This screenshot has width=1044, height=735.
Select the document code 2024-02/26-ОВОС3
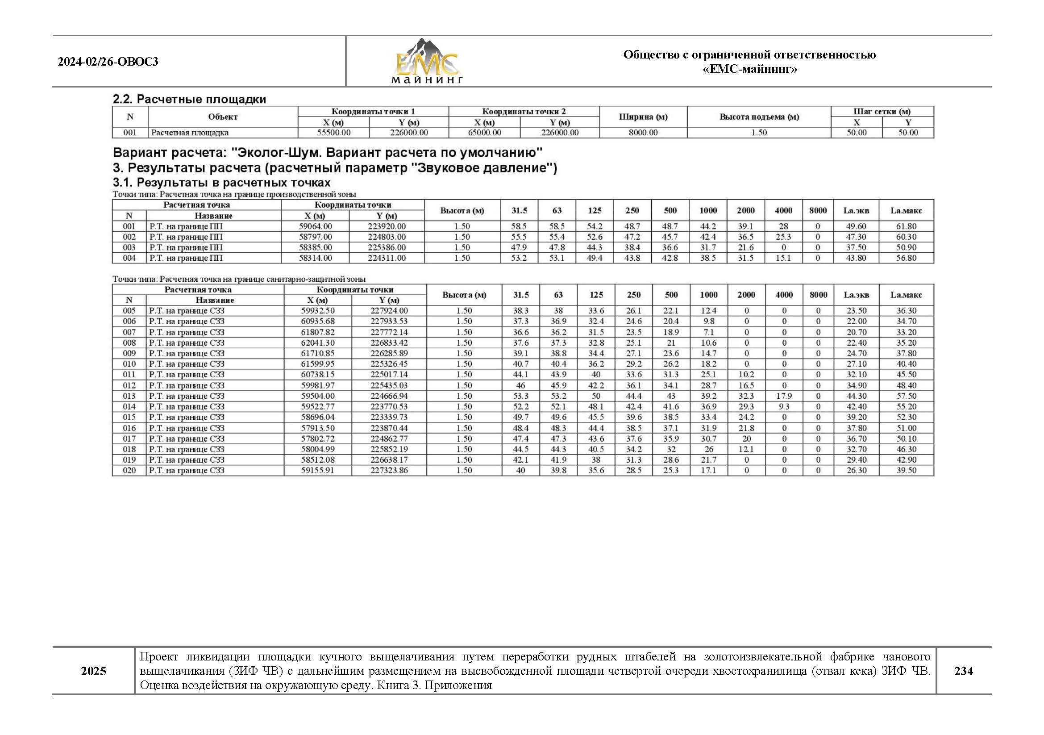click(x=108, y=62)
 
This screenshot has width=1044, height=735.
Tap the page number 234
click(x=963, y=671)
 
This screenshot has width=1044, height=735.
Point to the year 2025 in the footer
click(x=93, y=671)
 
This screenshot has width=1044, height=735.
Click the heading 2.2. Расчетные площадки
click(x=189, y=99)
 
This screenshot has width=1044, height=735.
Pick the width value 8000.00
click(x=643, y=133)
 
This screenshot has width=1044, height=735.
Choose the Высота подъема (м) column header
click(x=759, y=117)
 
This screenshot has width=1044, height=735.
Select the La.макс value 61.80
click(x=906, y=226)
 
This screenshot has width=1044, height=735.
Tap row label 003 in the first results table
click(x=129, y=247)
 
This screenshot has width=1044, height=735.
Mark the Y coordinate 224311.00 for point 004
click(x=387, y=258)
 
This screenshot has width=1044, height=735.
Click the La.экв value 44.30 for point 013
click(x=856, y=396)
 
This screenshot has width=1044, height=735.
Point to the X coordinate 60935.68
click(x=317, y=322)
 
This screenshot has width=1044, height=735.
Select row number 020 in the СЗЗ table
click(x=129, y=470)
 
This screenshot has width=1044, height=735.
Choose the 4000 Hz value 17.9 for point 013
click(x=784, y=396)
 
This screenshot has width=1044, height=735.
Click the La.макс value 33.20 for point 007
click(x=906, y=333)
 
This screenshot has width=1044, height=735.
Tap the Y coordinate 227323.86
click(x=389, y=470)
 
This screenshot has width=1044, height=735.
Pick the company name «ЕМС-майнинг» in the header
click(x=749, y=69)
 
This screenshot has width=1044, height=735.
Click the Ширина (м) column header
click(x=643, y=117)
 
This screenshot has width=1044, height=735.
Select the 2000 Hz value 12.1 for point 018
click(x=746, y=449)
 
